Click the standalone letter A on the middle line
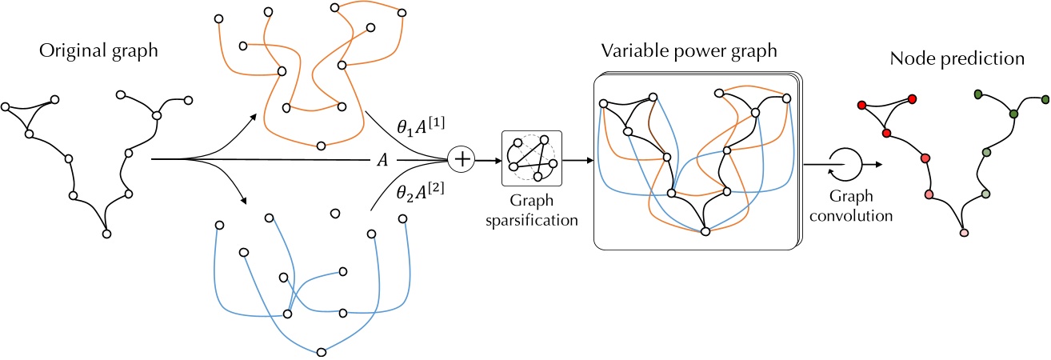point(382,160)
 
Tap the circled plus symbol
point(462,160)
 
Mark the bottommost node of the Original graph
point(106,234)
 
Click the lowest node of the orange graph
point(321,146)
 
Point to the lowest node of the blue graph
point(321,351)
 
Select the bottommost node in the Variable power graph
point(705,232)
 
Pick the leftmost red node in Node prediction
point(861,106)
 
